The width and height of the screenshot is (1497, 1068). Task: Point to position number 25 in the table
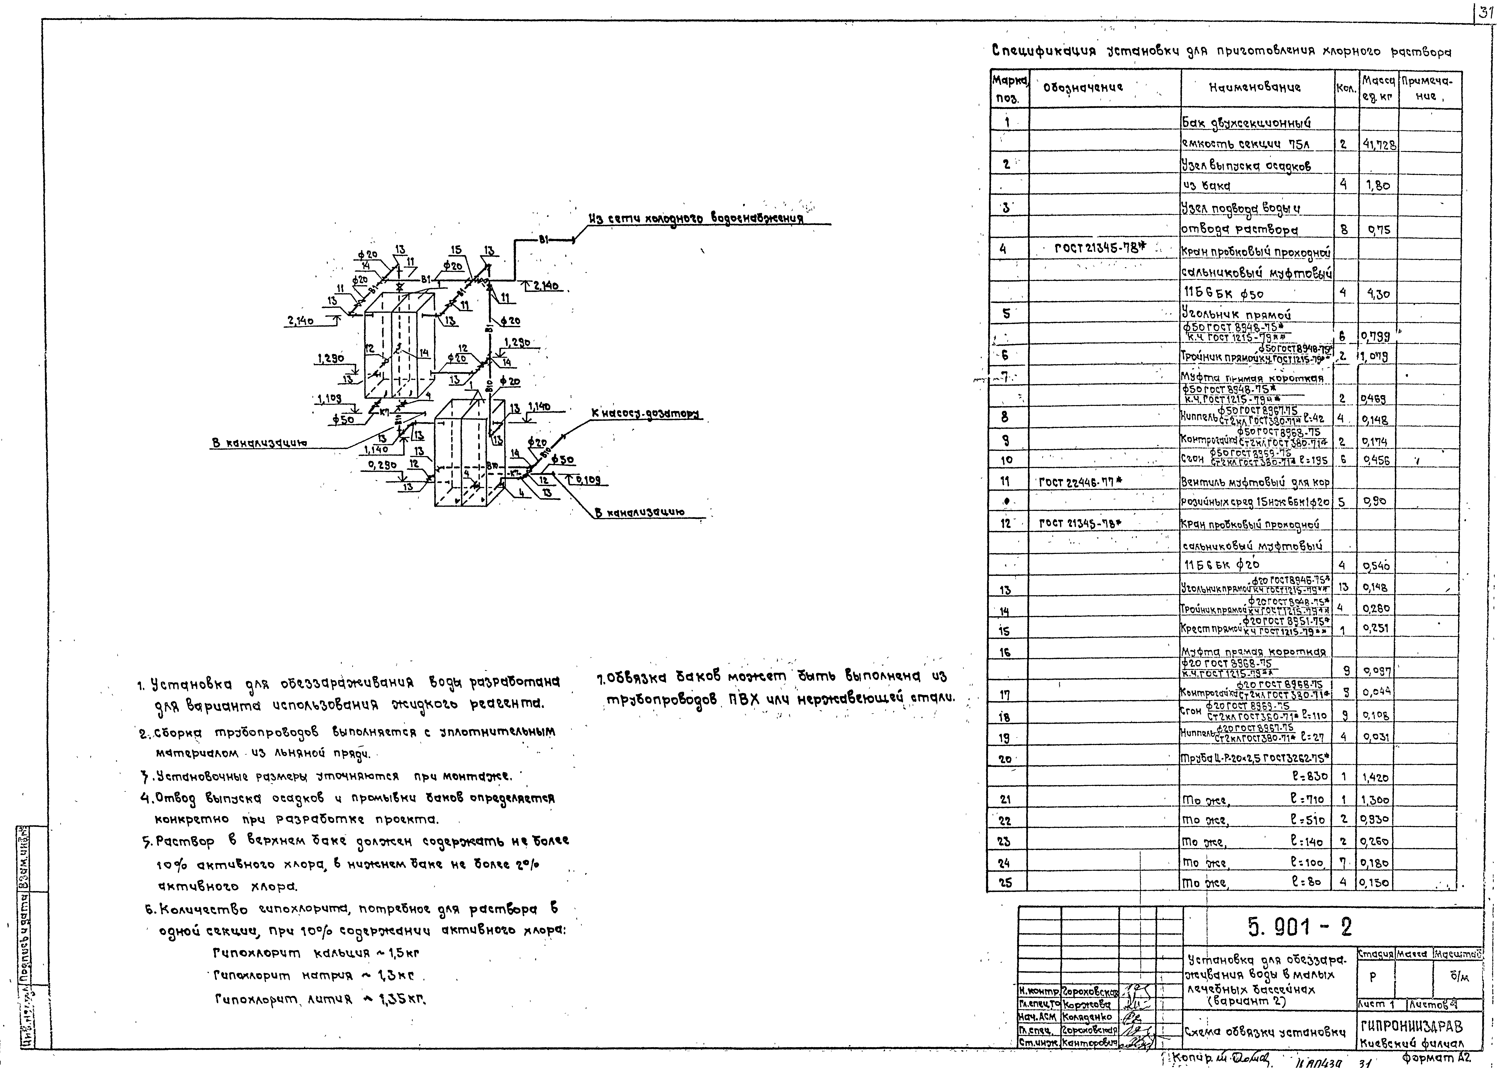click(1005, 883)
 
